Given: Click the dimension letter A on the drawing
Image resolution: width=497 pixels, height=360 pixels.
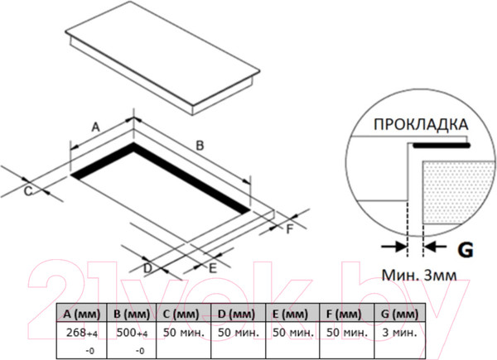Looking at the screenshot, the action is tap(95, 127).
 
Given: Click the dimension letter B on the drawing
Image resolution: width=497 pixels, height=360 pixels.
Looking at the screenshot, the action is tap(200, 146).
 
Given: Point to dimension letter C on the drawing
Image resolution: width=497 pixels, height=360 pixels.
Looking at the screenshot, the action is tap(28, 191).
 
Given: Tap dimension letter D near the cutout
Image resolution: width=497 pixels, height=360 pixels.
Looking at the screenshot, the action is tap(147, 268).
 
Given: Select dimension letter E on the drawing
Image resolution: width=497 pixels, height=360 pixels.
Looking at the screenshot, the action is tap(213, 268).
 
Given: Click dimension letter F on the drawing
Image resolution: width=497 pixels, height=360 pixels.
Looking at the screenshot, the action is tap(289, 229).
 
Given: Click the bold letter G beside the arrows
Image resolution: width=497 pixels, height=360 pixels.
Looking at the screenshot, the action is tap(466, 250).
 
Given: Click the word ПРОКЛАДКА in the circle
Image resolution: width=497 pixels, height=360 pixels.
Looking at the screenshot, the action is tap(421, 124).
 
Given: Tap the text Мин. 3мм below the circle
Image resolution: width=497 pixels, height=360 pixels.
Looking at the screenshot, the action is tap(419, 275).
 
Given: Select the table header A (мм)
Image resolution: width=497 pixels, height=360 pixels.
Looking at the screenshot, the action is tap(82, 314).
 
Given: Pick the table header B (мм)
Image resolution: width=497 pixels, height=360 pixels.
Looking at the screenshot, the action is tap(132, 314).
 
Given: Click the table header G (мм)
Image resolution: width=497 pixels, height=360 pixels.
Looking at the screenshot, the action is tap(400, 314).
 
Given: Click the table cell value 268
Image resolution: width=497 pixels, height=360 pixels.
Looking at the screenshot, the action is tap(76, 333).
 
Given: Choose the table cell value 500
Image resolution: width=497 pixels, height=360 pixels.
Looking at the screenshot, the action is tap(127, 333).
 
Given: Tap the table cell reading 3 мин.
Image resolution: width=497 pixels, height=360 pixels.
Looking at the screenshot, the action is tap(400, 333).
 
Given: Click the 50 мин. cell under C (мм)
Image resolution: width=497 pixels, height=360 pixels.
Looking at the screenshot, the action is tap(184, 333).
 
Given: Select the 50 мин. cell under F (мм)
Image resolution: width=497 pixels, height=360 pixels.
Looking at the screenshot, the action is tap(347, 333).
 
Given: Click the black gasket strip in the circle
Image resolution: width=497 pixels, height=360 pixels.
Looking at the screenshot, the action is tap(442, 146).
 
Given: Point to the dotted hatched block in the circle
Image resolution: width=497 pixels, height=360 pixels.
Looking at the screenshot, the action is tap(458, 192).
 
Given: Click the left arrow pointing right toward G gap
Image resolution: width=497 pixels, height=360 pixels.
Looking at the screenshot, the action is tap(393, 246).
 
